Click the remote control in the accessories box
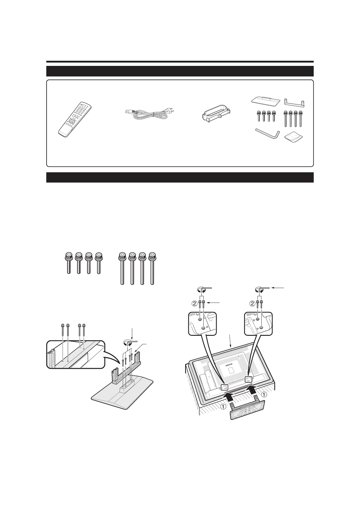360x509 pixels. pyautogui.click(x=75, y=119)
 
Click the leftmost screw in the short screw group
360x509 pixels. pyautogui.click(x=69, y=263)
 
